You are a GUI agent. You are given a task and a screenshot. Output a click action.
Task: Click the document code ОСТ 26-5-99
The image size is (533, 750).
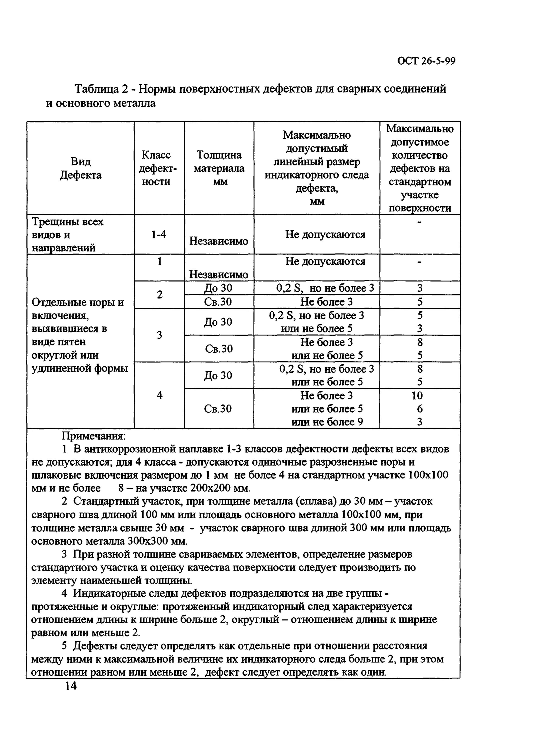coord(426,61)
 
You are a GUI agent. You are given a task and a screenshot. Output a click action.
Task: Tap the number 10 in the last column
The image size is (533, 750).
coord(417,395)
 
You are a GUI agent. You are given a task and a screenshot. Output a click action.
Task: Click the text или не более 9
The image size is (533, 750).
coord(327,422)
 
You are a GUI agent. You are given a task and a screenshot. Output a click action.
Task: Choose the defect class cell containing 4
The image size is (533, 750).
coord(159,395)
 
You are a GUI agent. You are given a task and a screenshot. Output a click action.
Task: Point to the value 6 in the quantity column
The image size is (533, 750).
coord(420,409)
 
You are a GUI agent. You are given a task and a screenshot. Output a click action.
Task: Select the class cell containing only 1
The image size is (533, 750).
coord(159,261)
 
